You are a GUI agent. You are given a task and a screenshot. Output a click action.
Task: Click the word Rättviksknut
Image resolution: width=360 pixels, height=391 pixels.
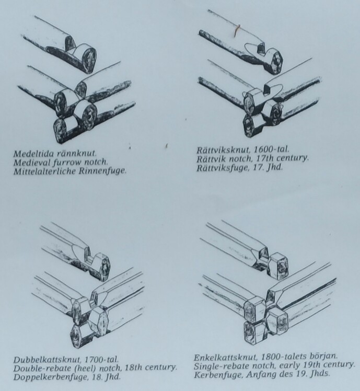click(224, 150)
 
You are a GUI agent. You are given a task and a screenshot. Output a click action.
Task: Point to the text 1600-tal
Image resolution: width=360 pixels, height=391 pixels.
click(272, 149)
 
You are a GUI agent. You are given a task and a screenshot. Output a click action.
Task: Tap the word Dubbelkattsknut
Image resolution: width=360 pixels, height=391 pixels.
click(47, 360)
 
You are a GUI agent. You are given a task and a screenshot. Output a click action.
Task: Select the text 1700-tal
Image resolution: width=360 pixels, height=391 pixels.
click(101, 360)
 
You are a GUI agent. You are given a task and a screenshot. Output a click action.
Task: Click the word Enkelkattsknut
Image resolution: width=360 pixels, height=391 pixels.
click(225, 358)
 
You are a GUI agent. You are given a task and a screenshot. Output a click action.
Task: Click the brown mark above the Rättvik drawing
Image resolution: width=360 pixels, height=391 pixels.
click(237, 30)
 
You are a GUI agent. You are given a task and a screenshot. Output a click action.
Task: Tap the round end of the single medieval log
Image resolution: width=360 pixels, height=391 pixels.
click(88, 60)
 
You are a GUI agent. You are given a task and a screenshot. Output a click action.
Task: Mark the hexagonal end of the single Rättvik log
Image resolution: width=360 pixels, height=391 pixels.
click(275, 61)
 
